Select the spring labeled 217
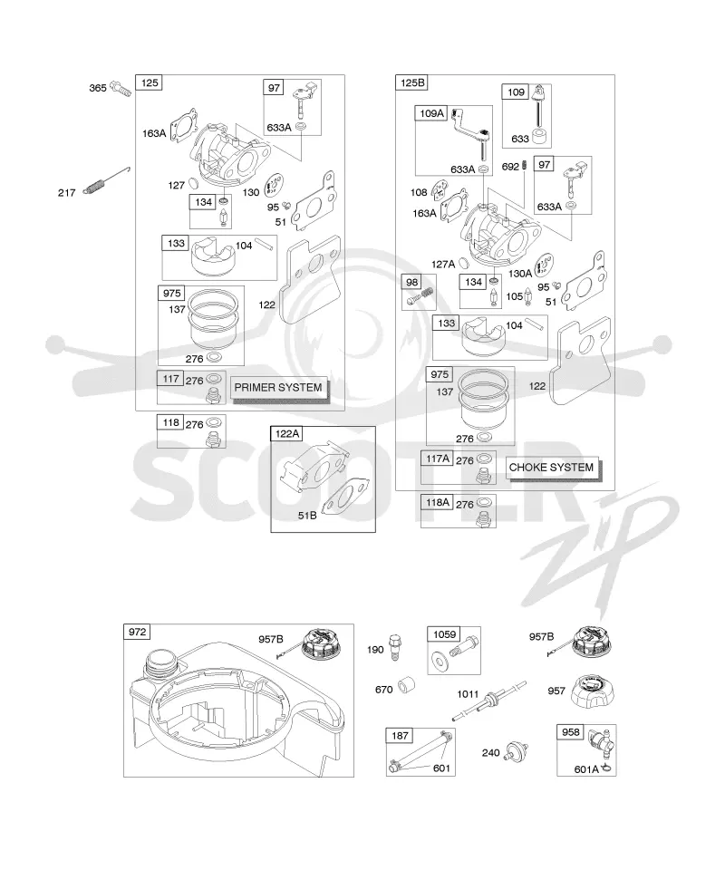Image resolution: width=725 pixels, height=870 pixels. [107, 181]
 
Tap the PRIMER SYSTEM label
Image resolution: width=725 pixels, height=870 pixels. [278, 387]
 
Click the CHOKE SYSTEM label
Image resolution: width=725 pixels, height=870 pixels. [551, 468]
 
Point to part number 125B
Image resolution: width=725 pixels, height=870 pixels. [412, 82]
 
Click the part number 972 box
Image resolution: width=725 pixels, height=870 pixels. [138, 632]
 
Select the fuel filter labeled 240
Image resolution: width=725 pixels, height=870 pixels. [516, 750]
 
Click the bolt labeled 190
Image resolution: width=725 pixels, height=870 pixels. [395, 647]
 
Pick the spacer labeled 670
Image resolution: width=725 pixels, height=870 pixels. [407, 685]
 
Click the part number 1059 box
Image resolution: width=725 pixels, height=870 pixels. [445, 634]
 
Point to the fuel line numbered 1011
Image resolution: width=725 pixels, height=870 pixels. [488, 699]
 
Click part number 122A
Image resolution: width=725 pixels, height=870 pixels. [287, 434]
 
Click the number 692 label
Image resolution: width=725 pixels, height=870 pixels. [510, 167]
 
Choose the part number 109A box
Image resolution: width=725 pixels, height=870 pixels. [431, 113]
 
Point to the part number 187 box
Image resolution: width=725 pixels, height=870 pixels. [400, 736]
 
